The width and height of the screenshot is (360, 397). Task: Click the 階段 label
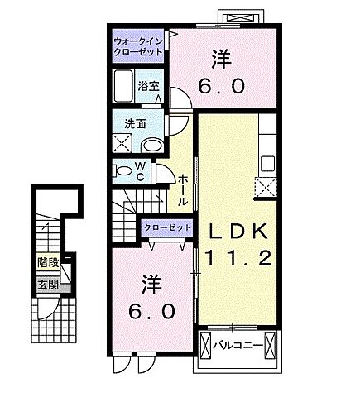48,262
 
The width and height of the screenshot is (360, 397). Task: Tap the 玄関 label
47,284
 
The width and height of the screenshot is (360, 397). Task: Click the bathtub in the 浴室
126,86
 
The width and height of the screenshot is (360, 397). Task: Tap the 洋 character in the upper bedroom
220,59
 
